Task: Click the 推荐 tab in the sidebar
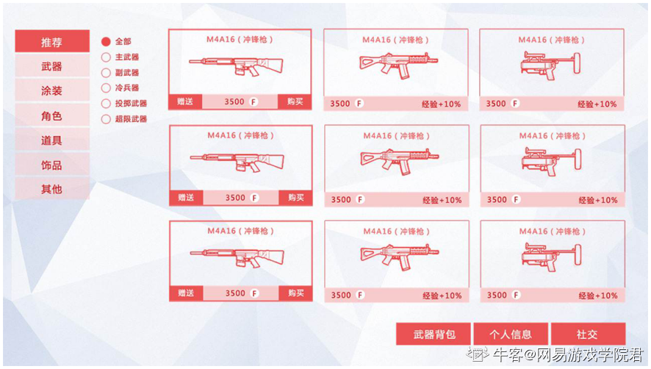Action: [52, 41]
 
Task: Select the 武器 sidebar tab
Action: [52, 65]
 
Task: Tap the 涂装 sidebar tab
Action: [52, 90]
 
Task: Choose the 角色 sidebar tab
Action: [52, 115]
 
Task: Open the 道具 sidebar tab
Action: [52, 140]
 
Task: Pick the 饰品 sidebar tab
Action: [52, 165]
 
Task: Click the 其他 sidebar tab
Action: [52, 189]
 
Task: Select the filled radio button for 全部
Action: [106, 42]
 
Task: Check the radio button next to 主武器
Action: [106, 57]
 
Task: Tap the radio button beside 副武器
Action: [106, 73]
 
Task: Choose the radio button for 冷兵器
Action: [106, 88]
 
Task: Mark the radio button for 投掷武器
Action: [106, 104]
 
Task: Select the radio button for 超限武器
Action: [106, 119]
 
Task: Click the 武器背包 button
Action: [433, 334]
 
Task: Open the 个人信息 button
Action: [511, 334]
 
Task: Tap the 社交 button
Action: [588, 334]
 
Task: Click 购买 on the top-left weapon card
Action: [295, 102]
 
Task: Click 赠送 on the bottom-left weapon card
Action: [186, 293]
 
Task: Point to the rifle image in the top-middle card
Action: [398, 65]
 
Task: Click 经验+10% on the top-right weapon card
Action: [597, 104]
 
